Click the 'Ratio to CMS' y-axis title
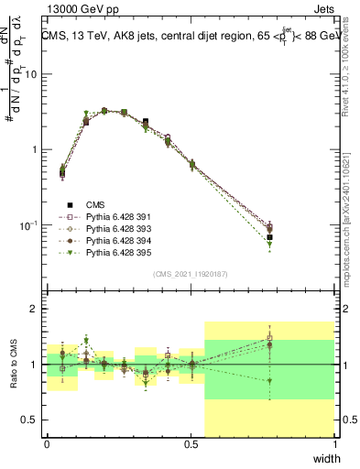point(13,365)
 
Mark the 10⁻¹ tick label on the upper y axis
point(28,224)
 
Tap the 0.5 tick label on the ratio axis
point(30,420)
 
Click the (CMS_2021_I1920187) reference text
point(191,273)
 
